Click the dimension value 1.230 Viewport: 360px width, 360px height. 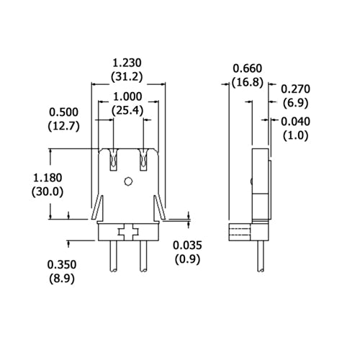pos(128,63)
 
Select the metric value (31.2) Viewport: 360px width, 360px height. pos(128,76)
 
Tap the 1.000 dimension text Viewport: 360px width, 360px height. pos(128,97)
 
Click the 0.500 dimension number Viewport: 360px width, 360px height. pos(64,112)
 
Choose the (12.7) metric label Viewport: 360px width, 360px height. pos(64,125)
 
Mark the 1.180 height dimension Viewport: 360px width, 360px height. pos(48,177)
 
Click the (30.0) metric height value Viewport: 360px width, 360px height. pos(48,191)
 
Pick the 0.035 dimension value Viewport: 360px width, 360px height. pos(188,246)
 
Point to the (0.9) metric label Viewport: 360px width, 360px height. pos(188,259)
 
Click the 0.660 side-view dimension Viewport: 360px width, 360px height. pos(247,68)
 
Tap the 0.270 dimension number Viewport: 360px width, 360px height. pos(295,89)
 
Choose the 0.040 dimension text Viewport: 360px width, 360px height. pos(295,121)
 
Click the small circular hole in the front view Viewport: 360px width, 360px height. pos(129,181)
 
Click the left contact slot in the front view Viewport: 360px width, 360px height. pos(114,159)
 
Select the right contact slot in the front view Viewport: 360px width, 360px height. pos(144,159)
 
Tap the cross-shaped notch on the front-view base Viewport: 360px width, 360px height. pos(129,232)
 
